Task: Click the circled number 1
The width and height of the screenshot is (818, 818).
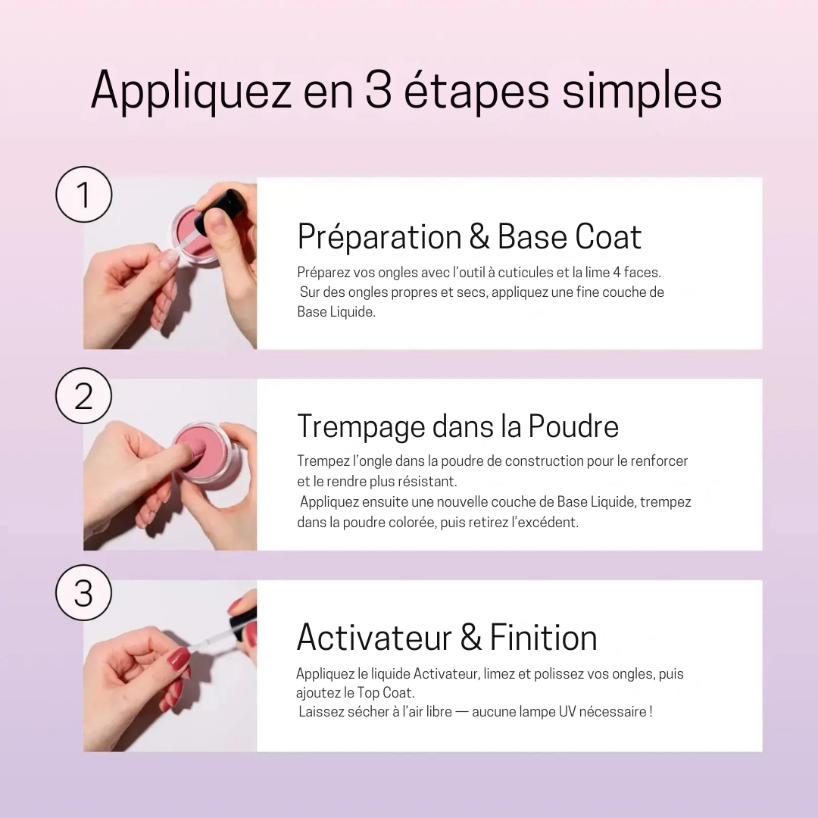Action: pos(83,195)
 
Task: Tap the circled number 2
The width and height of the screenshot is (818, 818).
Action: pos(83,396)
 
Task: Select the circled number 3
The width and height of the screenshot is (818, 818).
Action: pos(83,593)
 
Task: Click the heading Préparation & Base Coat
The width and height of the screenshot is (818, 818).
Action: pos(469,237)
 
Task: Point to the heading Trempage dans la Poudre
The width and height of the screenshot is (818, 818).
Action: pos(457,426)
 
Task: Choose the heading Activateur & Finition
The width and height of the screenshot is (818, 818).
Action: pos(446,637)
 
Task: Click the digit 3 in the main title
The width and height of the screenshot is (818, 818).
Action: pos(378,92)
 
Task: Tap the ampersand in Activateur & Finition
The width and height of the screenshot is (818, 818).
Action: pos(470,638)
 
